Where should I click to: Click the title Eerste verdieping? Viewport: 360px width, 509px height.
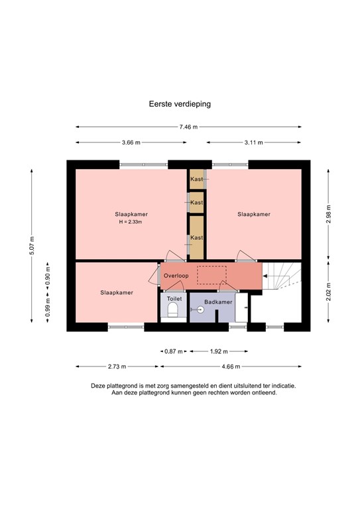(x=180, y=104)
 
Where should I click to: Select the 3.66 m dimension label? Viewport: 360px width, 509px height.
(x=131, y=142)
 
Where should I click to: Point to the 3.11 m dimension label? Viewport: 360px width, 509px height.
(x=254, y=142)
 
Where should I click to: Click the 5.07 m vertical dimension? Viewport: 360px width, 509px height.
(x=32, y=245)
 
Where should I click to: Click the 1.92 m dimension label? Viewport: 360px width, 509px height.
(x=219, y=351)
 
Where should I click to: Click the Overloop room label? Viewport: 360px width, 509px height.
(x=176, y=275)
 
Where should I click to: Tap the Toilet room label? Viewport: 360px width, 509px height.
(x=174, y=299)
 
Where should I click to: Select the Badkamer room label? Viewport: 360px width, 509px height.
(x=217, y=302)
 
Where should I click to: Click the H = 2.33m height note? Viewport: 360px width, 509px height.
(x=130, y=222)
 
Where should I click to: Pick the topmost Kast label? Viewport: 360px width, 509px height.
(x=196, y=180)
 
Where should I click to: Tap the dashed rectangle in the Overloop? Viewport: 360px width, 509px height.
(x=211, y=275)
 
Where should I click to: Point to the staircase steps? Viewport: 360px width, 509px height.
(x=283, y=278)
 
